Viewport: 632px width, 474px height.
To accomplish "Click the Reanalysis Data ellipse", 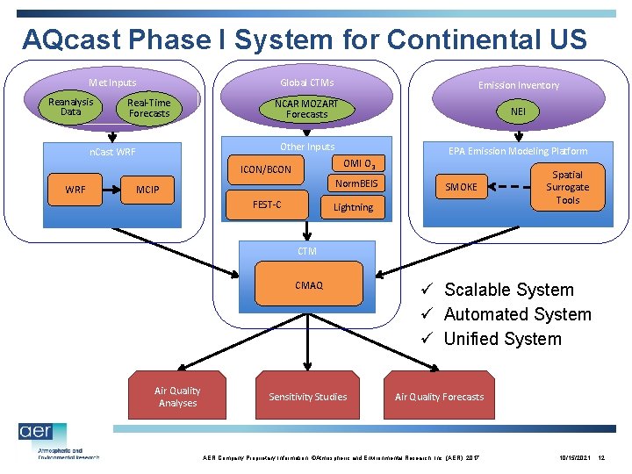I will pyautogui.click(x=71, y=107).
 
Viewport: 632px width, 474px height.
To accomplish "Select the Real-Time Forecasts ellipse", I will pyautogui.click(x=148, y=108).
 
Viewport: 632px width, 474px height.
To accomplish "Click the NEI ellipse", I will pyautogui.click(x=519, y=111).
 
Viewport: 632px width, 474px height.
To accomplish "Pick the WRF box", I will pyautogui.click(x=75, y=189).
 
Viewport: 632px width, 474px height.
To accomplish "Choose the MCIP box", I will pyautogui.click(x=147, y=189).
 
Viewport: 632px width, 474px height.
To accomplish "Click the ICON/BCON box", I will pyautogui.click(x=266, y=169).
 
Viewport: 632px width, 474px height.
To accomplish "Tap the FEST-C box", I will pyautogui.click(x=267, y=205).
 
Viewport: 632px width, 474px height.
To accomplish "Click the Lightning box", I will pyautogui.click(x=353, y=207).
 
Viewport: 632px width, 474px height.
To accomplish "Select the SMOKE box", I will pyautogui.click(x=461, y=187).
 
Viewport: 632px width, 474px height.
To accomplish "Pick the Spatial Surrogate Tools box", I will pyautogui.click(x=566, y=187).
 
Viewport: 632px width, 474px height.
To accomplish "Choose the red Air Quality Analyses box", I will pyautogui.click(x=177, y=397).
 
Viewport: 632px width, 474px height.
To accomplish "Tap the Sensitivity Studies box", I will pyautogui.click(x=307, y=397).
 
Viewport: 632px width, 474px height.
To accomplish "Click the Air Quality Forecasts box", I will pyautogui.click(x=439, y=397).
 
